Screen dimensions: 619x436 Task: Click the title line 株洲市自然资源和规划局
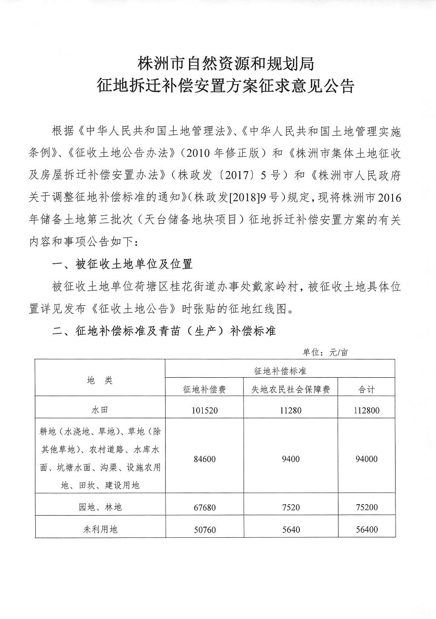tap(226, 64)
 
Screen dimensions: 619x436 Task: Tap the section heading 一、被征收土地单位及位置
tap(122, 264)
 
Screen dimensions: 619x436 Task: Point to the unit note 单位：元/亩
tap(325, 353)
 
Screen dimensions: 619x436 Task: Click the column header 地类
tap(100, 380)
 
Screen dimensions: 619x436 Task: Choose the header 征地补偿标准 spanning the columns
tap(280, 371)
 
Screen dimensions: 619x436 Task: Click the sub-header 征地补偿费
tap(204, 389)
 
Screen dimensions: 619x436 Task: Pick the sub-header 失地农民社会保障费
tap(290, 389)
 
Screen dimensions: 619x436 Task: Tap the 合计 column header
tap(367, 389)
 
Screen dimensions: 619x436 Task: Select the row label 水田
tap(100, 410)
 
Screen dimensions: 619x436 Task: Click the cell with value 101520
tap(204, 411)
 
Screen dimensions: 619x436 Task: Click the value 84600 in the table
tap(204, 459)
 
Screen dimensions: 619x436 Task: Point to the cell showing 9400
tap(290, 459)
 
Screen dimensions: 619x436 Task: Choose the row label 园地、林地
tap(100, 507)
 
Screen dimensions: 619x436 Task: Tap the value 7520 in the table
tap(290, 508)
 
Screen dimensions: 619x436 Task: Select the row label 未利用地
tap(100, 529)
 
